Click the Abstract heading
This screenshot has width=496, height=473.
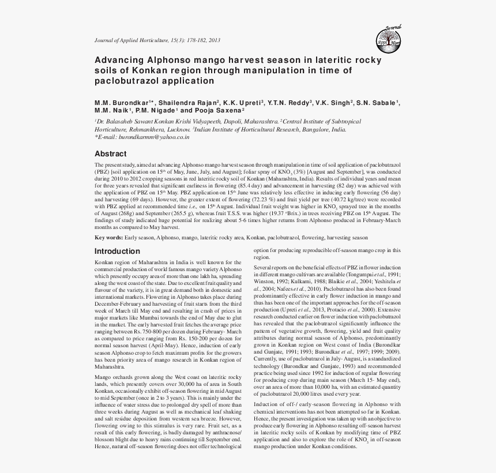[110, 154]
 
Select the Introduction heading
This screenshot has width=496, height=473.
[117, 251]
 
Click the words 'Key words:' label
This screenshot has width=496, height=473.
[108, 238]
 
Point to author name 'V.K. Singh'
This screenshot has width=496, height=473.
[333, 102]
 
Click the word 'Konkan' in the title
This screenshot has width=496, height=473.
[145, 70]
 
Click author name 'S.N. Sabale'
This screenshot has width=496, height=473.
[375, 102]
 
